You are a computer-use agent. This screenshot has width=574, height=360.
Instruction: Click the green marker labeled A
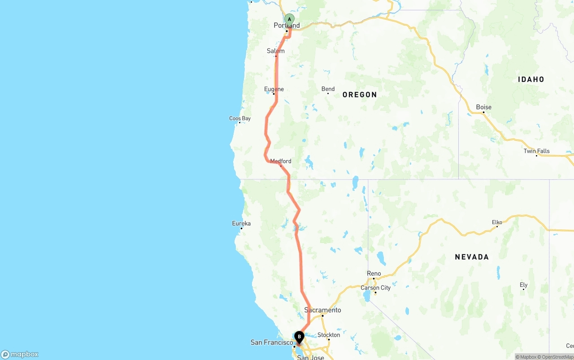290,19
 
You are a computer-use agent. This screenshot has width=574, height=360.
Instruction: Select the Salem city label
276,51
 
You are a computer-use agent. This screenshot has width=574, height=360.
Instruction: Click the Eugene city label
274,89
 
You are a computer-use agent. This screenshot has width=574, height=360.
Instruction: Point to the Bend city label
328,89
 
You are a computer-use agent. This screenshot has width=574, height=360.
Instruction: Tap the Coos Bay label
240,118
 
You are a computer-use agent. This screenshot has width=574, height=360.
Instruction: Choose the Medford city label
281,161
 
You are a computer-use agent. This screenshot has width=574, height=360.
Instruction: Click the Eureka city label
241,223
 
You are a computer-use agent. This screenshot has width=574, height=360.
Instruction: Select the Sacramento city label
322,310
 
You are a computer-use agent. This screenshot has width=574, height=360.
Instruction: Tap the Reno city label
374,273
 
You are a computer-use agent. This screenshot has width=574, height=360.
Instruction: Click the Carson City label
376,288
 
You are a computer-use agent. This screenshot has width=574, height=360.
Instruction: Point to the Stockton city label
329,335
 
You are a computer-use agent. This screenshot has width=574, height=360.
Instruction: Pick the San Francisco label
272,343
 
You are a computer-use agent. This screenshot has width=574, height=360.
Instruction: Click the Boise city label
483,107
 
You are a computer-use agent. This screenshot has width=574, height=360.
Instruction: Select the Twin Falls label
536,151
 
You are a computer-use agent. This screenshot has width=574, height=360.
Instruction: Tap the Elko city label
497,222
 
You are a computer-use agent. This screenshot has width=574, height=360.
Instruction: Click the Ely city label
523,285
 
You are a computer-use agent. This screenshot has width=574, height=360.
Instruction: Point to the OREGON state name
360,95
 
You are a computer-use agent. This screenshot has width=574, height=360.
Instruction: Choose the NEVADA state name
472,257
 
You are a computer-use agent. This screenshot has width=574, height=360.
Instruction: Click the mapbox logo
20,354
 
